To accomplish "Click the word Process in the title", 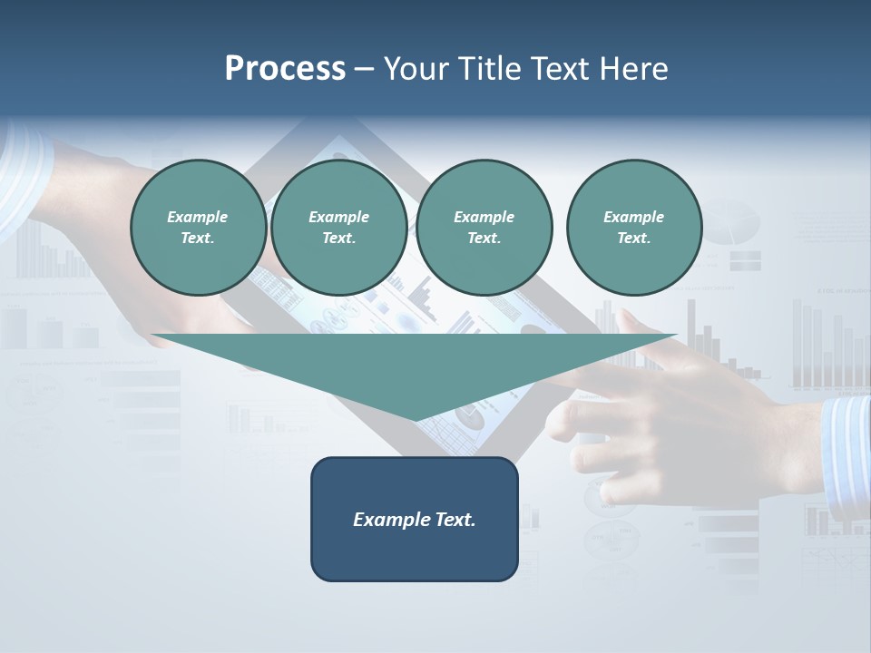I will [285, 69].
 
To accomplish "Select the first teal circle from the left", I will [198, 228].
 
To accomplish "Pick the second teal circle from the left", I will [338, 228].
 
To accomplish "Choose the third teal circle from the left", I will [484, 228].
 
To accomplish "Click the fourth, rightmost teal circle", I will [633, 228].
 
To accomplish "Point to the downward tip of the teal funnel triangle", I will [416, 420].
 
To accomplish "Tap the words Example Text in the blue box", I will [415, 520].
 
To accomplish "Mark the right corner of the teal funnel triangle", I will [676, 336].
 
